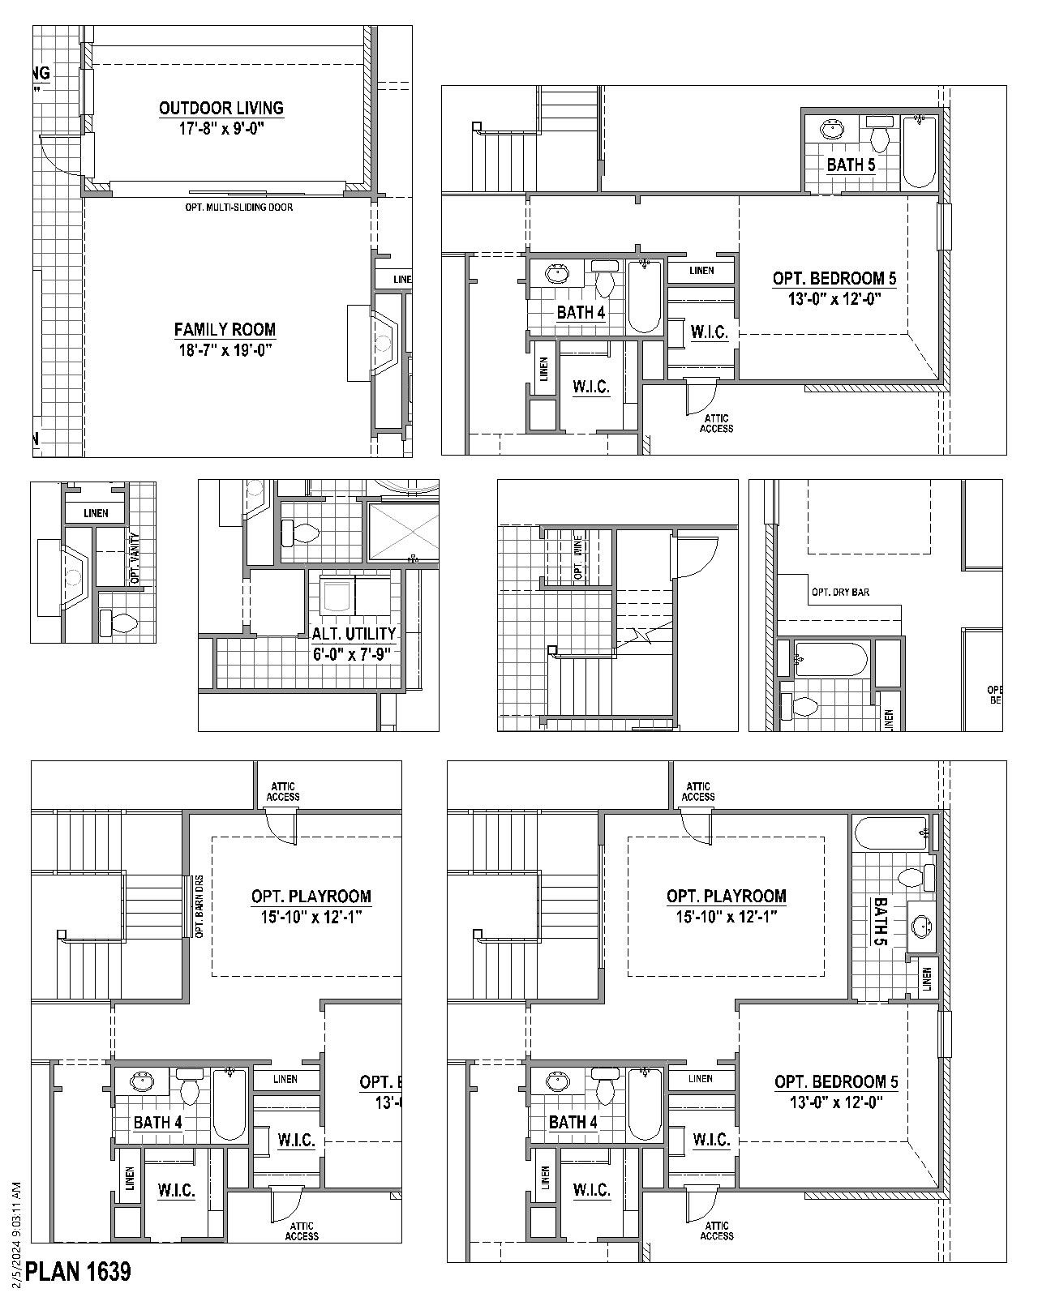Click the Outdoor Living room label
click(221, 108)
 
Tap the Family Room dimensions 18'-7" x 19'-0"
click(224, 350)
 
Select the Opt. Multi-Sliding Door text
click(239, 208)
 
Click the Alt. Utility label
click(354, 633)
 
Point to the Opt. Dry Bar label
click(840, 593)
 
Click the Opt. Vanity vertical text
click(135, 559)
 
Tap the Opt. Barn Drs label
click(199, 906)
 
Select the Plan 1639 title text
click(78, 1271)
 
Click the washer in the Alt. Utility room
click(337, 594)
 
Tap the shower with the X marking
click(403, 532)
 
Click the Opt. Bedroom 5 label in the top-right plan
click(834, 279)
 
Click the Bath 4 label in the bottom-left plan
click(158, 1122)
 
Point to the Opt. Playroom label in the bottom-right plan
click(726, 897)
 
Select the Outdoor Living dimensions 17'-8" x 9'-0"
click(221, 128)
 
